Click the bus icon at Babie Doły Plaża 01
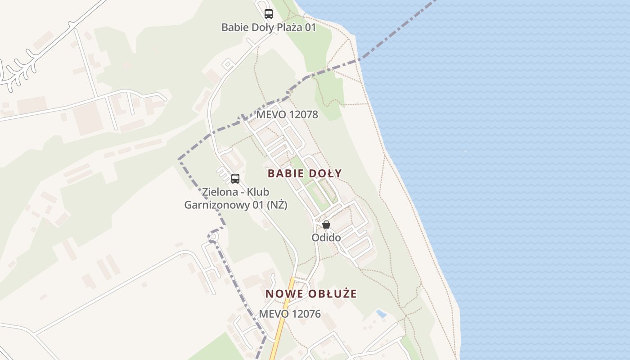[269, 14]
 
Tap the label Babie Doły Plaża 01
[269, 27]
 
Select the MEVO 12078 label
[287, 115]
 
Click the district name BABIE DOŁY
[305, 173]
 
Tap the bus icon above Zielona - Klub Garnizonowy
[235, 179]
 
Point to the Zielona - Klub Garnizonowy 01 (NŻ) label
[235, 198]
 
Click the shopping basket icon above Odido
[326, 225]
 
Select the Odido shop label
[326, 237]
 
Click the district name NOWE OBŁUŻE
[311, 294]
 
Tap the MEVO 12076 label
[290, 314]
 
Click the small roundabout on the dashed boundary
[213, 236]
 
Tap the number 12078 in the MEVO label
[303, 115]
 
